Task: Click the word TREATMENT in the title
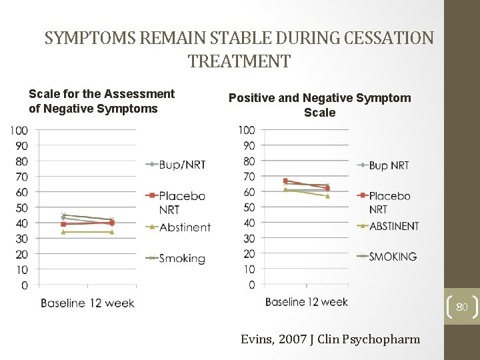(x=239, y=62)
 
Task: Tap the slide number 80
(x=462, y=307)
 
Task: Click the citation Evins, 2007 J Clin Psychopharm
(x=330, y=339)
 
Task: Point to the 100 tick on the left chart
(x=19, y=130)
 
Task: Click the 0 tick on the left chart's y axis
(x=24, y=285)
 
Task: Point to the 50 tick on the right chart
(x=248, y=207)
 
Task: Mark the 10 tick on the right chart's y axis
(x=248, y=269)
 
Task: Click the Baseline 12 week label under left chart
(x=87, y=303)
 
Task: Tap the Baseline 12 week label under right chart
(x=306, y=302)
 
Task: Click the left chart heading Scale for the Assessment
(x=101, y=94)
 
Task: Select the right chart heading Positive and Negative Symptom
(x=320, y=98)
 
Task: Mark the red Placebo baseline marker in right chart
(x=285, y=181)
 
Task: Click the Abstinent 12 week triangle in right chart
(x=327, y=196)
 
